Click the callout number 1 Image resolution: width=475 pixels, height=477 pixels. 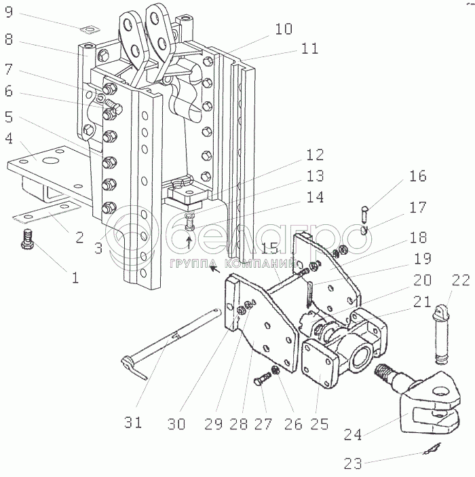76,277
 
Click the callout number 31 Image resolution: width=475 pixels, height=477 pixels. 134,422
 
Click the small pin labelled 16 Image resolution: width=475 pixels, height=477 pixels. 366,213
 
